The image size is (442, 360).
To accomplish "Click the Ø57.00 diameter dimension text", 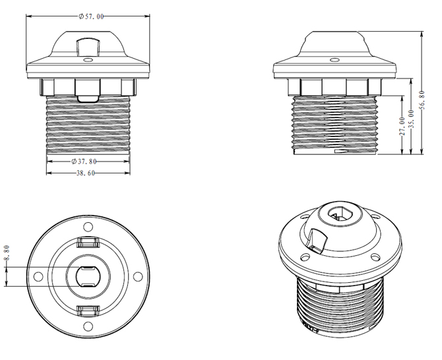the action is (x=91, y=16).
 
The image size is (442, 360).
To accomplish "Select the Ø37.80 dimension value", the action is (x=84, y=162).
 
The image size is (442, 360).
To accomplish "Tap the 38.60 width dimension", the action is (x=86, y=173).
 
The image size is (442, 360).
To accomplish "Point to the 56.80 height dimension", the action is (x=422, y=100).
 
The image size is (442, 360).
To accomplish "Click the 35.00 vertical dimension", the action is (x=411, y=119).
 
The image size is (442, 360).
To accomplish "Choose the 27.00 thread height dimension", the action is (x=402, y=126).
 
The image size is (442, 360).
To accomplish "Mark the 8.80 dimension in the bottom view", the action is (x=7, y=253).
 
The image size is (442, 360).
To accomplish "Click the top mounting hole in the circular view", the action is (x=88, y=227).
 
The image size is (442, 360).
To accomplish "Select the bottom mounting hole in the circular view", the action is (x=88, y=326).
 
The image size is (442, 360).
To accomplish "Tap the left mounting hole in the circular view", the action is (x=38, y=277).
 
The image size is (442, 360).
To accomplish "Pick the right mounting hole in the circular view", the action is (x=138, y=277).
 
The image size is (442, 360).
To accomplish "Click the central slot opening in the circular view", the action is (x=88, y=277).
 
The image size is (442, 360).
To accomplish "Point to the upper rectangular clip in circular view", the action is (x=88, y=242).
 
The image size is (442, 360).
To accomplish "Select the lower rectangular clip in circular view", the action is (x=88, y=311).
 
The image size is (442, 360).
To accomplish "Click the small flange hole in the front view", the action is (x=88, y=60).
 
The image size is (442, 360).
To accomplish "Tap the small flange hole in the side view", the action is (x=334, y=60).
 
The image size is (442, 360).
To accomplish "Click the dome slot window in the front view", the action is (x=88, y=47).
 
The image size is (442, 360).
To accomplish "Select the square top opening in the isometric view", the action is (x=340, y=215).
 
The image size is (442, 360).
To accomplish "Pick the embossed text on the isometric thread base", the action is (x=311, y=328).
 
